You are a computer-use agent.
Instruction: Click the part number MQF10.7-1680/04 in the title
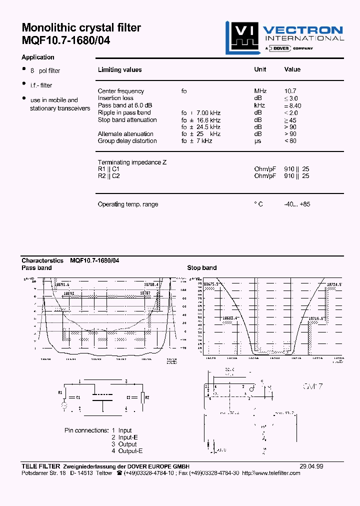(x=65, y=41)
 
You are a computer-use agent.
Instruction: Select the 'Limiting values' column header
(x=119, y=70)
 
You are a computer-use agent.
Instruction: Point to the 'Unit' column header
(x=260, y=69)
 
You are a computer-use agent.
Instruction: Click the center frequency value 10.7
(x=290, y=91)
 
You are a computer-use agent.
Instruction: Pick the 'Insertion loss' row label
(x=115, y=98)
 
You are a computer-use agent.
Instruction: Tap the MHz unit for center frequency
(x=260, y=91)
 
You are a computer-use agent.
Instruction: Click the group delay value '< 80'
(x=290, y=141)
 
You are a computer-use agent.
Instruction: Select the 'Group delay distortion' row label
(x=127, y=141)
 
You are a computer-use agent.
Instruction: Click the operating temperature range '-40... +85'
(x=297, y=204)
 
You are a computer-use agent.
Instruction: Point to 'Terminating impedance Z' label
(x=132, y=162)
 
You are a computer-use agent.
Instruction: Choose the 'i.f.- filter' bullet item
(x=41, y=85)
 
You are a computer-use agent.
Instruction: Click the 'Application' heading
(x=38, y=57)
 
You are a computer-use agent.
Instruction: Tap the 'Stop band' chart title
(x=201, y=268)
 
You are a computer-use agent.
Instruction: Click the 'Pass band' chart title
(x=36, y=268)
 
